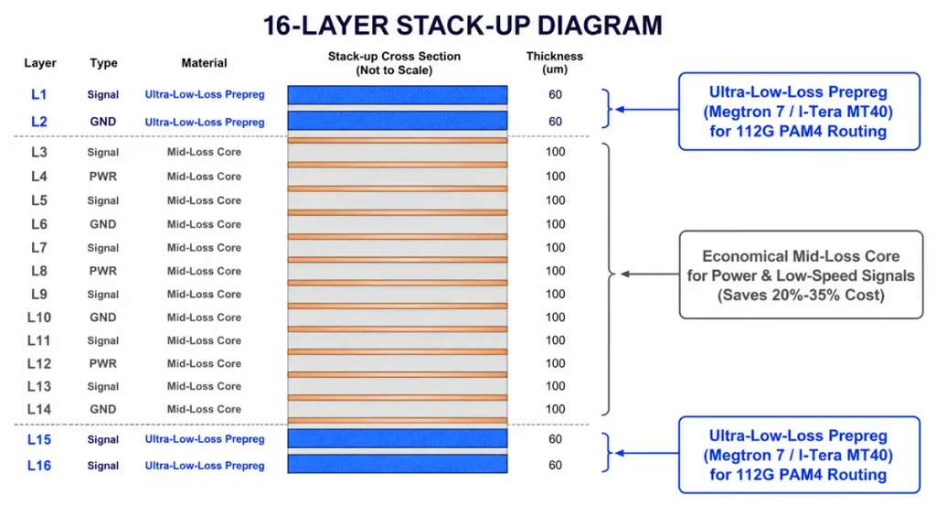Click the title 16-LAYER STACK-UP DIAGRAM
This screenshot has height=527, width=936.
463,26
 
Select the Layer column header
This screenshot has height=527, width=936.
40,63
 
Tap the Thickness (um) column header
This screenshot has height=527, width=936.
555,63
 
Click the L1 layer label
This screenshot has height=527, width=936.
38,94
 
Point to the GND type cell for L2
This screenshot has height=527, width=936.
102,122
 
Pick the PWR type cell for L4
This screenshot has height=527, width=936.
102,177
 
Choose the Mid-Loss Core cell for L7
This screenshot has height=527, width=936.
204,247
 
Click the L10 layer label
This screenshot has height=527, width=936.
38,317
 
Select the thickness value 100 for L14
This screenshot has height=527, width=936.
555,409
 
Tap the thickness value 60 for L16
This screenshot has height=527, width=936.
555,465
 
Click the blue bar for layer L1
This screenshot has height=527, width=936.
398,95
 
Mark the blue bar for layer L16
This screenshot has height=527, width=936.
398,464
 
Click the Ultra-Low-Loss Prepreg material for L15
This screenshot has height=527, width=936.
205,439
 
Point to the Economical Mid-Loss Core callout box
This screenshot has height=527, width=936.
801,274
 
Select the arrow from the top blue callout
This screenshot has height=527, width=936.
647,110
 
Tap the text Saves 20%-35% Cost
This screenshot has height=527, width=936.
801,296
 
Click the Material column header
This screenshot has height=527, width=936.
204,63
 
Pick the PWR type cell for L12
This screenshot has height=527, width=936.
102,363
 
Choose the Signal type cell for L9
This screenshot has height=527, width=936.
102,294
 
